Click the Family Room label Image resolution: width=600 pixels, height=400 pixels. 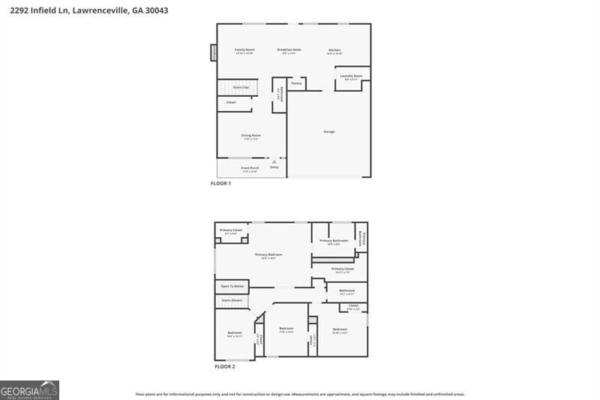(244, 50)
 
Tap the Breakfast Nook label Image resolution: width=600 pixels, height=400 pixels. (291, 50)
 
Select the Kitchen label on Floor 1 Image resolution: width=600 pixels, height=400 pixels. (334, 50)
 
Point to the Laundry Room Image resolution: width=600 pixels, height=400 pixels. (351, 77)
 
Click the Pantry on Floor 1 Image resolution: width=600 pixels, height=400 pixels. (296, 83)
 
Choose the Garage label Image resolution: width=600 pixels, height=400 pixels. (328, 131)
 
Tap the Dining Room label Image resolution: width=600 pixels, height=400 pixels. (250, 135)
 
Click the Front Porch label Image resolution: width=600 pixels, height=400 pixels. (250, 167)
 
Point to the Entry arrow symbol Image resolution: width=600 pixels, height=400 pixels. (274, 161)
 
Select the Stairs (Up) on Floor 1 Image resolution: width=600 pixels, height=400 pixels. (241, 88)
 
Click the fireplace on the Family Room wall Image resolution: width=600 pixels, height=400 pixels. (213, 53)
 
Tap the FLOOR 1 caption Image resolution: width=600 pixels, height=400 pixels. (220, 183)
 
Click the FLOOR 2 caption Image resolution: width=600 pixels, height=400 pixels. (225, 367)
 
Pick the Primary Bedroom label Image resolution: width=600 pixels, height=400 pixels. (268, 255)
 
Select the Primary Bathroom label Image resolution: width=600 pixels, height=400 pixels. (334, 241)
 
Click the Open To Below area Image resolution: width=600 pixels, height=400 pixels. (232, 286)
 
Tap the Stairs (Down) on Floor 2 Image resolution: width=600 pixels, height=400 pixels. (232, 300)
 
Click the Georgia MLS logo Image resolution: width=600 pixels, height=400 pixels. (29, 390)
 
